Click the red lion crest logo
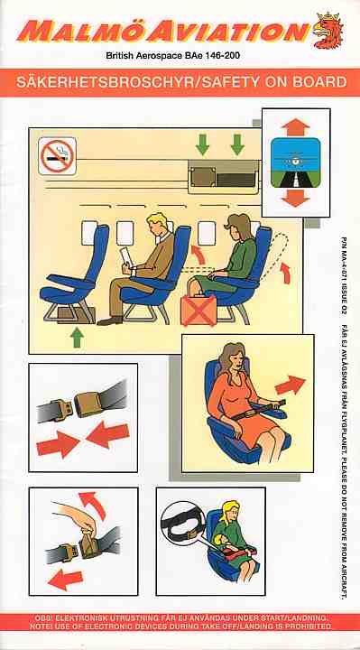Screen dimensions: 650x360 click(x=328, y=31)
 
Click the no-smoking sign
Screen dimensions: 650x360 click(x=57, y=155)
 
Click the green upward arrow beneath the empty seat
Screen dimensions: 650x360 click(x=78, y=337)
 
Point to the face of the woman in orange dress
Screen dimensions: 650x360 click(x=230, y=361)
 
